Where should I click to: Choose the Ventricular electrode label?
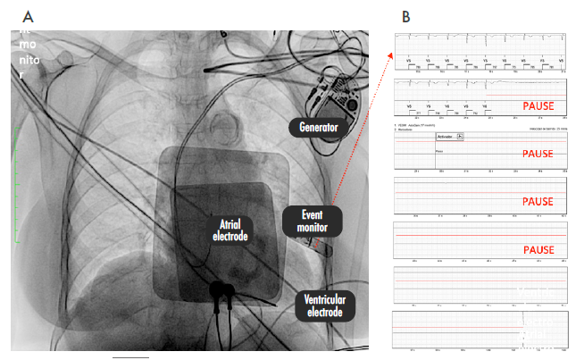tap(325, 306)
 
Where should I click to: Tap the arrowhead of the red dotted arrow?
tap(390, 54)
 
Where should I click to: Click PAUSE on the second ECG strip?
tap(538, 106)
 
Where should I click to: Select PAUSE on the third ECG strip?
tap(538, 155)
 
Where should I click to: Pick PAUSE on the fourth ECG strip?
tap(538, 202)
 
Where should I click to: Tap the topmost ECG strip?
tap(480, 52)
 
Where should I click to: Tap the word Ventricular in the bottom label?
tap(325, 299)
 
